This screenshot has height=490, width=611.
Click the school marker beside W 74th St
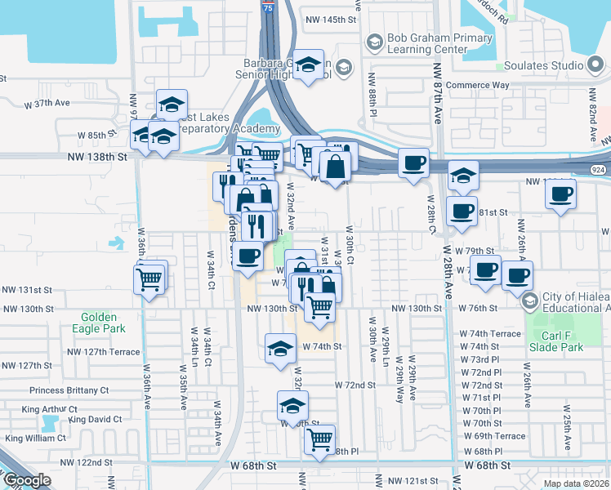[279, 348]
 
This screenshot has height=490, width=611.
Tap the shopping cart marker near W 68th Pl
[319, 439]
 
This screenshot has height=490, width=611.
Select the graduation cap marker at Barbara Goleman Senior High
[308, 65]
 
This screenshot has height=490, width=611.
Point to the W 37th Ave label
[48, 105]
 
